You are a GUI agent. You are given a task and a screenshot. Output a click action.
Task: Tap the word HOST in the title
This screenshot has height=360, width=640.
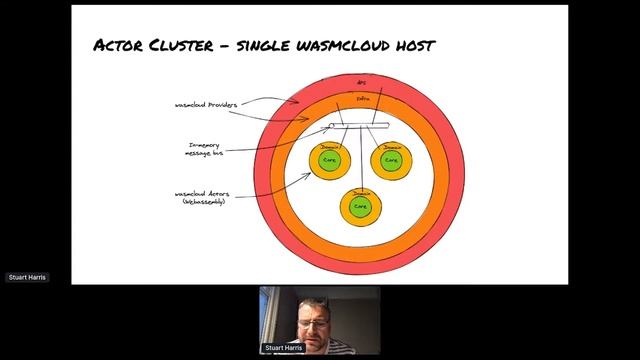click(x=412, y=45)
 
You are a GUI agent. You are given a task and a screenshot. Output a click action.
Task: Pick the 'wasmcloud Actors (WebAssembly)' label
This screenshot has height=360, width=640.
click(x=203, y=197)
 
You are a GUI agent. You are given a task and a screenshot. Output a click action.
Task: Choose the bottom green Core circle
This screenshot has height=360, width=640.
click(x=360, y=206)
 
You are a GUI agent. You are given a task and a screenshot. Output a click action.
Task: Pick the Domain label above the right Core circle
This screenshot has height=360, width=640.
click(x=391, y=145)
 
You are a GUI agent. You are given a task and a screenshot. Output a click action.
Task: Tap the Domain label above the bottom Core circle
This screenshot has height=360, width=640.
click(x=360, y=192)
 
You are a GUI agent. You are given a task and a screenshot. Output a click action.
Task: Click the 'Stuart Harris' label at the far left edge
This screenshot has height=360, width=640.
click(x=27, y=277)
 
